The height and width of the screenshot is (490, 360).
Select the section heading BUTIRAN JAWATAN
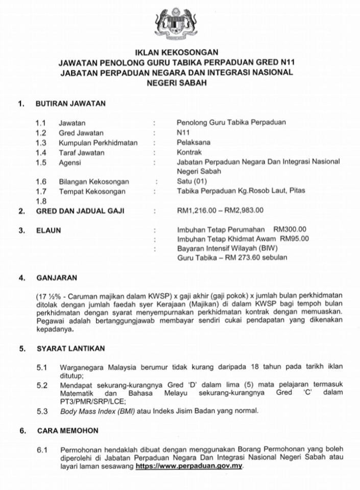(x=70, y=104)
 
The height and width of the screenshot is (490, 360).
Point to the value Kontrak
(x=189, y=153)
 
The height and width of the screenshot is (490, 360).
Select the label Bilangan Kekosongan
(x=93, y=182)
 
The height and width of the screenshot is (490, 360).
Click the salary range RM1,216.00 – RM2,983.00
(x=220, y=210)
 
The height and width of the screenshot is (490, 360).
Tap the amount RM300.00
(x=290, y=230)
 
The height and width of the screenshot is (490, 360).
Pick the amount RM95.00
(x=294, y=239)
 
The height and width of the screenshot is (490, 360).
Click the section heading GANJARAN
(x=56, y=278)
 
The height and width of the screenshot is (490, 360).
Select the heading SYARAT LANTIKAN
(x=70, y=349)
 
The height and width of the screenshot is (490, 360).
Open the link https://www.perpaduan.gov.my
(x=190, y=467)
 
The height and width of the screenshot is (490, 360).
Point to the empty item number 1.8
(x=41, y=201)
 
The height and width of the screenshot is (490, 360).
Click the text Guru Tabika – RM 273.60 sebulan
(x=232, y=258)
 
